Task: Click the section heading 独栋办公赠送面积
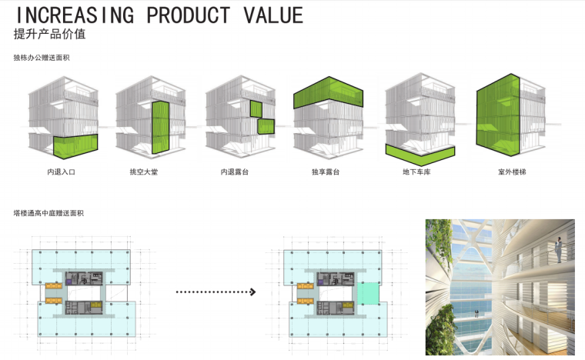(36, 58)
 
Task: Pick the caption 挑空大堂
(143, 172)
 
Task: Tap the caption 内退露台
(233, 172)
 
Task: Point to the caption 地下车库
(416, 172)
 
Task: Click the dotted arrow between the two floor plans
(216, 292)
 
